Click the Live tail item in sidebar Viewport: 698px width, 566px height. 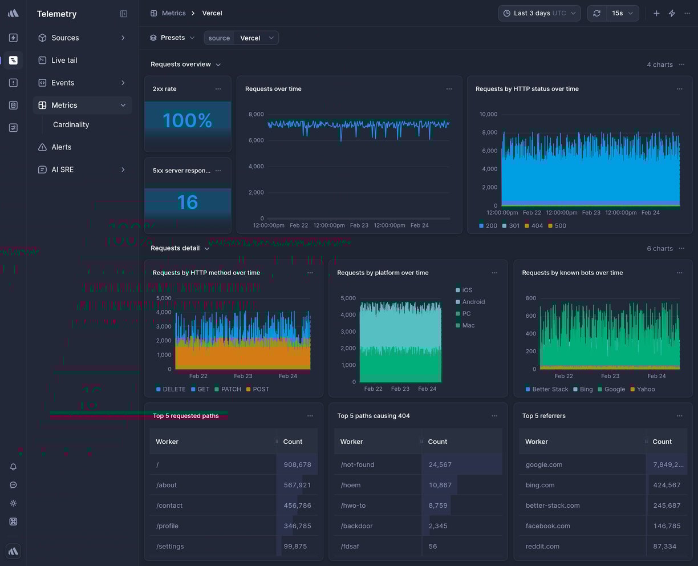64,60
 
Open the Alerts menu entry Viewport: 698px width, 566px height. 61,147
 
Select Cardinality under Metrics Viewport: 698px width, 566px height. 71,124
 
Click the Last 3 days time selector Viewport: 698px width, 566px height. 539,13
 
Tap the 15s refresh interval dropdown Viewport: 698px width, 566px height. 622,13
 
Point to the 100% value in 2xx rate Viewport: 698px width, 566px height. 187,120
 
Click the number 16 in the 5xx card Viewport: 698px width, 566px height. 187,202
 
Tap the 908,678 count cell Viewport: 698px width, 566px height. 297,464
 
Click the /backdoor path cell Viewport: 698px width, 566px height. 356,526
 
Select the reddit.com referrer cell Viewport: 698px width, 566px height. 542,547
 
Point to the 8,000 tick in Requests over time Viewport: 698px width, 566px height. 256,114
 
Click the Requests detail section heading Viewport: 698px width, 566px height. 175,248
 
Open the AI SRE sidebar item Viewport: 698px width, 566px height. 62,169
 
